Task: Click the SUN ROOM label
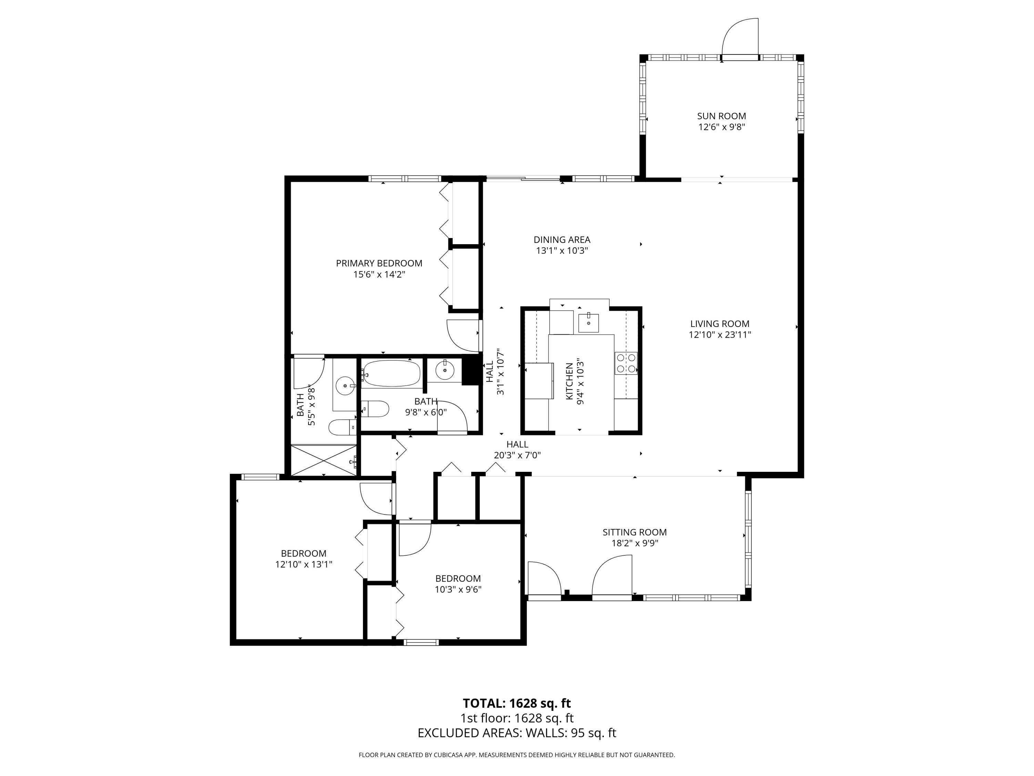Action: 721,116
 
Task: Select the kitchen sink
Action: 589,322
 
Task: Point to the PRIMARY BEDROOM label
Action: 379,263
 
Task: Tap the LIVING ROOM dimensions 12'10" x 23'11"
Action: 719,335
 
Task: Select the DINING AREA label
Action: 562,240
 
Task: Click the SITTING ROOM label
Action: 634,532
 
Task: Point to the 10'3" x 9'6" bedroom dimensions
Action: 458,589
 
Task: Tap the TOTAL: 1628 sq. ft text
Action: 517,703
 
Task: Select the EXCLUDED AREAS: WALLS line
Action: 517,733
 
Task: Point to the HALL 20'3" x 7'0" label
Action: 517,449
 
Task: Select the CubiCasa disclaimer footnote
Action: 517,755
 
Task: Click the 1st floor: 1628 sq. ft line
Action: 517,718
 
